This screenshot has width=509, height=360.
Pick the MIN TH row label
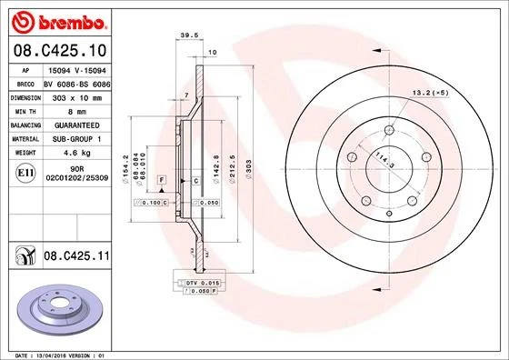(x=25, y=109)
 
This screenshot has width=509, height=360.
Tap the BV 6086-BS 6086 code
(x=75, y=81)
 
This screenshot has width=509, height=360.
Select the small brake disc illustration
(x=58, y=311)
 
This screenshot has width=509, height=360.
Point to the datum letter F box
(x=161, y=182)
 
